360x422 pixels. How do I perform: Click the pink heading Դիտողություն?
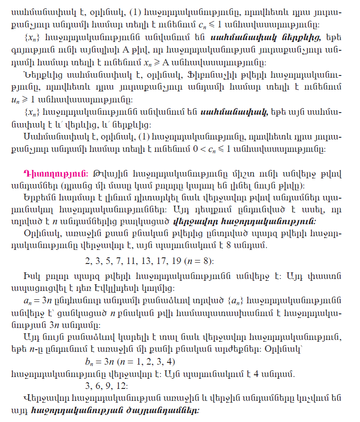pyautogui.click(x=56, y=171)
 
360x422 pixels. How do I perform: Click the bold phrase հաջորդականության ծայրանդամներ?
pyautogui.click(x=116, y=410)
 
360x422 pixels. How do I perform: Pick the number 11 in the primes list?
pyautogui.click(x=131, y=260)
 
